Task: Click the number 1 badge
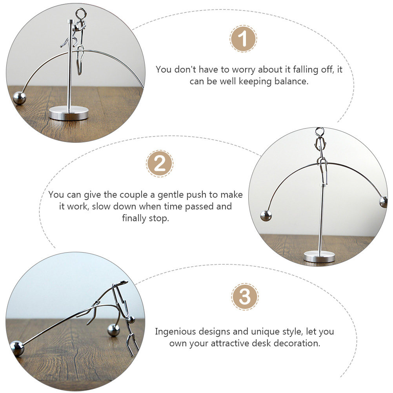coord(243,38)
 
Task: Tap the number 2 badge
coord(159,164)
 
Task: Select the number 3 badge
coord(245,297)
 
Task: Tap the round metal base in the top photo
coord(68,113)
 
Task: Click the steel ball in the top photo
coord(19,98)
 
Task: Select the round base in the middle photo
coord(319,257)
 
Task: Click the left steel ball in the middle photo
coord(266,216)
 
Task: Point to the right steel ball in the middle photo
coord(383,202)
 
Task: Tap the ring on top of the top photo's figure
coord(81,14)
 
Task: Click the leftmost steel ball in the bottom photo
coord(17,348)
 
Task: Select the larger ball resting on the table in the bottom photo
coord(113,330)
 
